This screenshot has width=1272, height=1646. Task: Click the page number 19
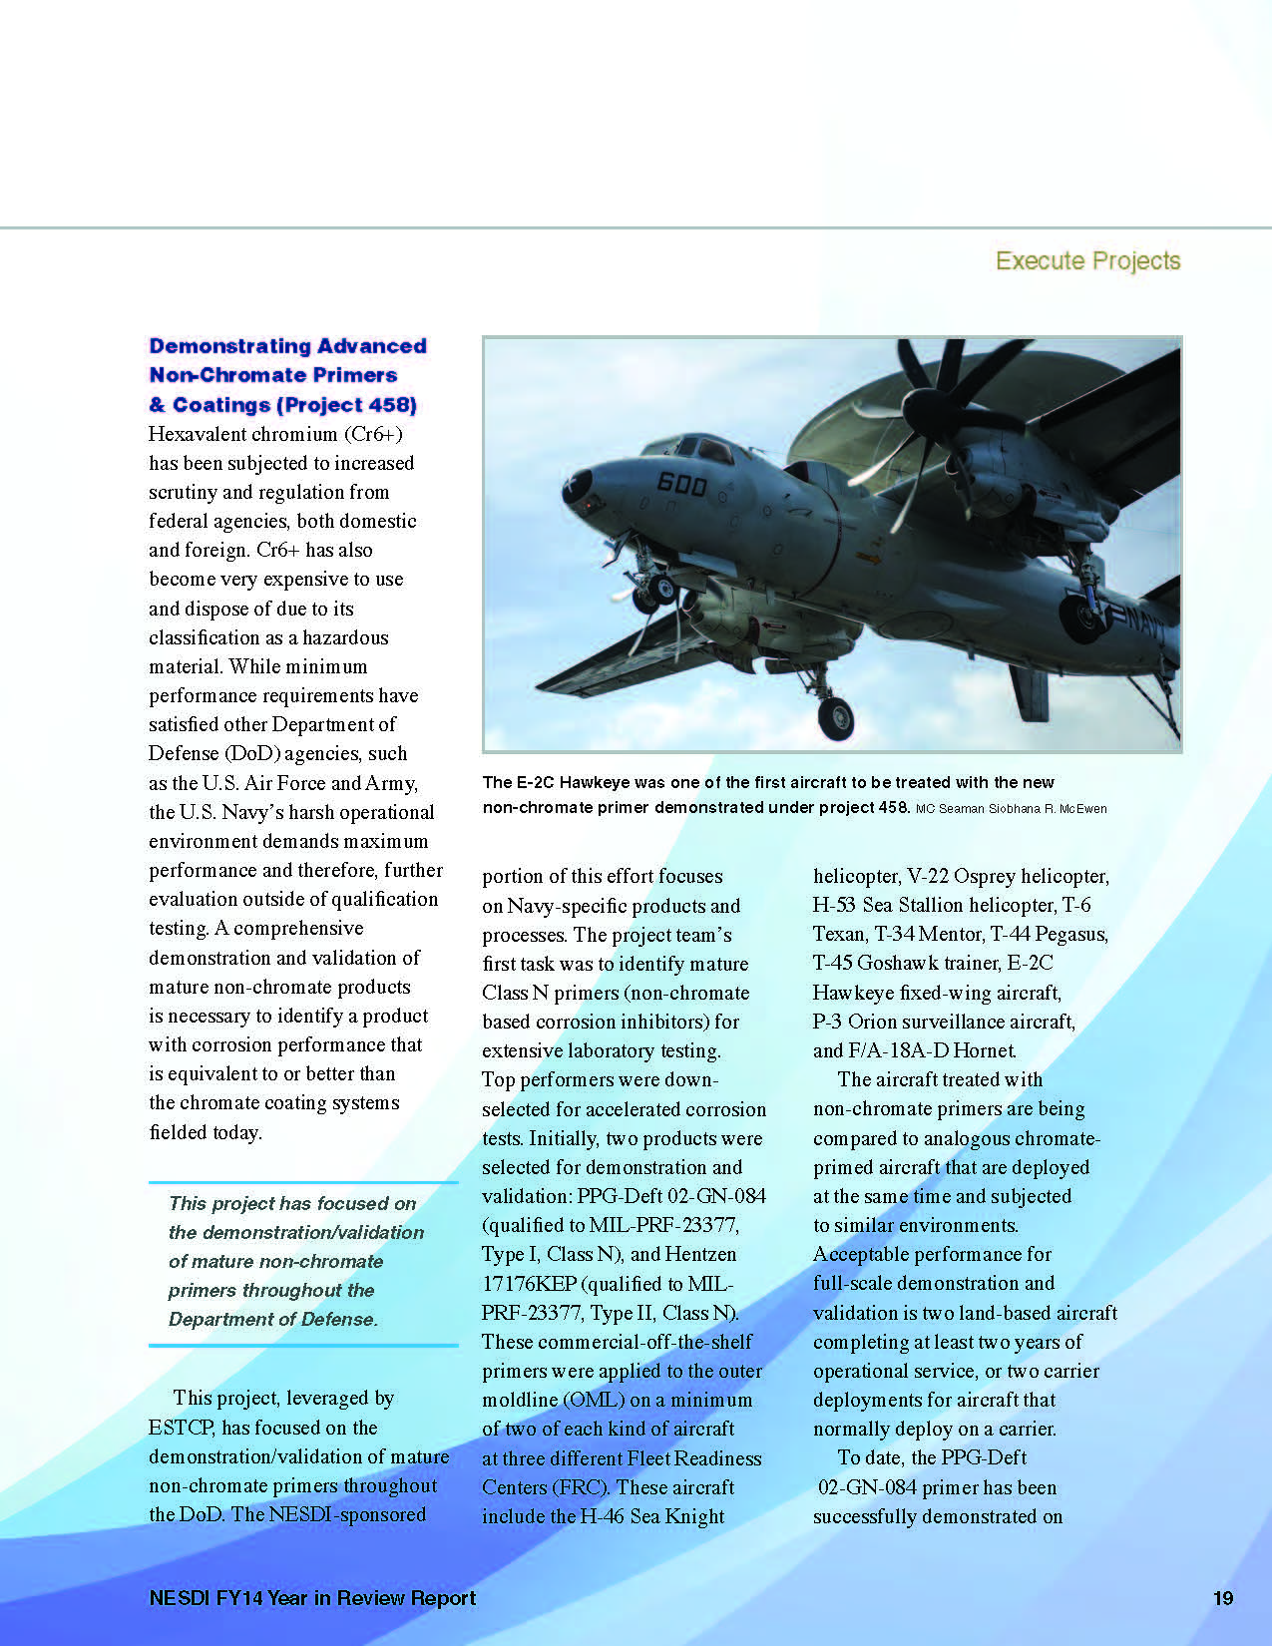pos(1222,1598)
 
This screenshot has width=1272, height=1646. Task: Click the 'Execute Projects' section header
pos(1087,261)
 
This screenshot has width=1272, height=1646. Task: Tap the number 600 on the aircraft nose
pos(682,484)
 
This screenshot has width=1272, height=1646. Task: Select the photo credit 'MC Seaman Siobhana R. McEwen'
pos(1011,809)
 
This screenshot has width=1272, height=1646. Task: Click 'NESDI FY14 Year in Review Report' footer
pos(312,1598)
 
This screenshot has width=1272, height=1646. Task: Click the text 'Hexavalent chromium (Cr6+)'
pos(275,434)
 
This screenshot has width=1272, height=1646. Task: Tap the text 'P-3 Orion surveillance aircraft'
pos(943,1022)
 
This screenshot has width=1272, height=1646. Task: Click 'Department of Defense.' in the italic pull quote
pos(272,1319)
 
